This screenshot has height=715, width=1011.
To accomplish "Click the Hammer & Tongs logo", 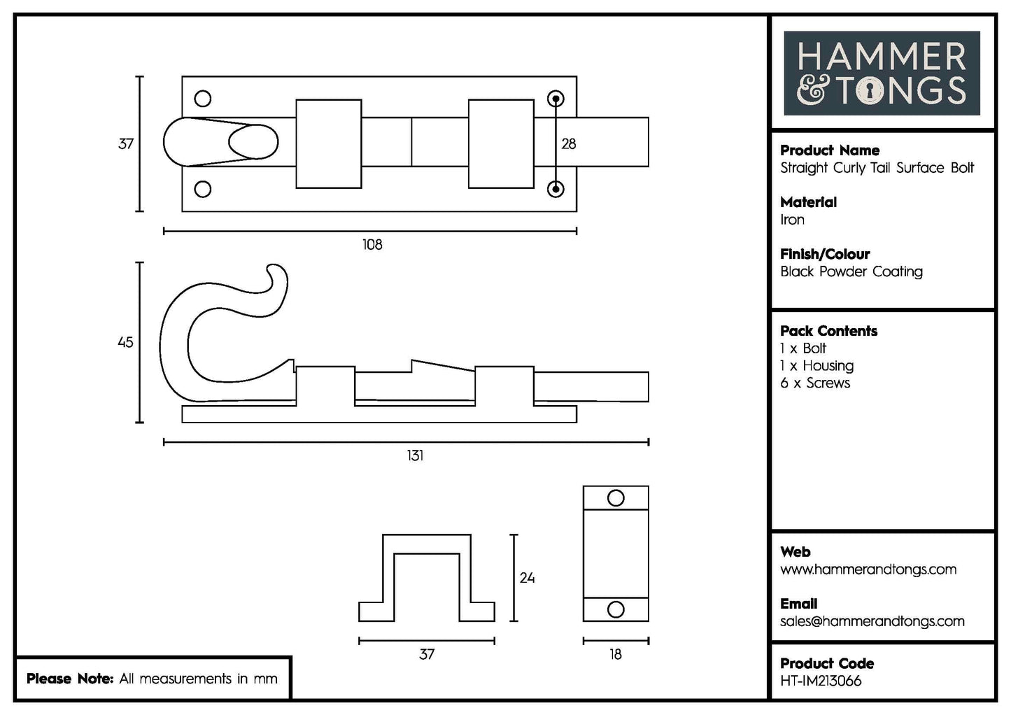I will (882, 73).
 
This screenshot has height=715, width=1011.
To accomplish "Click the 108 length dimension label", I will (372, 245).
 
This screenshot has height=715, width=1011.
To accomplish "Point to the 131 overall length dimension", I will (415, 455).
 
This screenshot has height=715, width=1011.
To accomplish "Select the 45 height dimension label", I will (125, 343).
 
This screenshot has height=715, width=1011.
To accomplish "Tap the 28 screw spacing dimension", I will (569, 143).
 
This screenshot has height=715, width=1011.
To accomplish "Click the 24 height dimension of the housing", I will (527, 578).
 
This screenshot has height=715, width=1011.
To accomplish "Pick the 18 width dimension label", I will (615, 655).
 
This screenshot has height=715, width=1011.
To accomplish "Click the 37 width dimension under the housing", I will (426, 655).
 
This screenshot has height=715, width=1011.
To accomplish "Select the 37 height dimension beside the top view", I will (125, 144).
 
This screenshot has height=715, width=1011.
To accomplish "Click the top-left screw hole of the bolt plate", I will (203, 99).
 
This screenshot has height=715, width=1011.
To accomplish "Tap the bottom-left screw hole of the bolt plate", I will (203, 189).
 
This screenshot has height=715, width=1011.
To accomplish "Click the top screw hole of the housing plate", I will (616, 498).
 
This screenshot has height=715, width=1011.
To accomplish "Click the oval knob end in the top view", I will (253, 143).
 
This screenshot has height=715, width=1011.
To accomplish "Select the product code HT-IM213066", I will (821, 681).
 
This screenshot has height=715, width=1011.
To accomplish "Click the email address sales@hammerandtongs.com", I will (872, 621).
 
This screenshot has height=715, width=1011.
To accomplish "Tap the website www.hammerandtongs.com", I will (868, 569).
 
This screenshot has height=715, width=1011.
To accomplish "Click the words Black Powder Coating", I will (851, 272).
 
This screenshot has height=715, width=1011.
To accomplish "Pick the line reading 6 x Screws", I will (814, 383).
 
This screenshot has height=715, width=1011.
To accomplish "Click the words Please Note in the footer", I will (69, 679).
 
